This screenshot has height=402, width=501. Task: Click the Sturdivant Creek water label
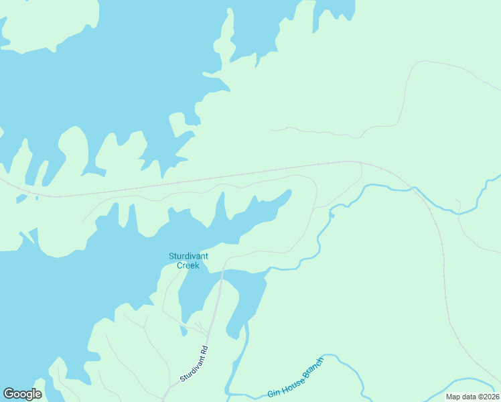tap(188, 261)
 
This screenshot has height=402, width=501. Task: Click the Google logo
tap(23, 394)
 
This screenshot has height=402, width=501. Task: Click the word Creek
tap(188, 265)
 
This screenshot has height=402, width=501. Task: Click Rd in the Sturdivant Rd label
tap(205, 349)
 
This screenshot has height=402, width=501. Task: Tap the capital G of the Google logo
tap(9, 394)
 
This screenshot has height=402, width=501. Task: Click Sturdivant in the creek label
tap(188, 256)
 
